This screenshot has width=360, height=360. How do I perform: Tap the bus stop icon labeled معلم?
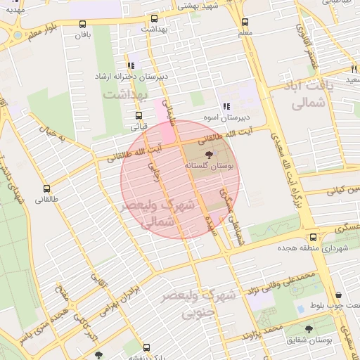245,22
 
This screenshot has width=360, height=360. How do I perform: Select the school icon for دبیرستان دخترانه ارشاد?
131,65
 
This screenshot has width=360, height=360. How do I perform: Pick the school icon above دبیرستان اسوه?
226,106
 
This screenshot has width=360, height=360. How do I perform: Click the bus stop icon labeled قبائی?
138,116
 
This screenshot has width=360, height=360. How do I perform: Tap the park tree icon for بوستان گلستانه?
208,155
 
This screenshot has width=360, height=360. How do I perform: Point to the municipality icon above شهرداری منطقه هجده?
312,238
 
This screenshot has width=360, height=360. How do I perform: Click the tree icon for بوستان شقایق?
309,329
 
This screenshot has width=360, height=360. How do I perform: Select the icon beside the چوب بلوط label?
339,295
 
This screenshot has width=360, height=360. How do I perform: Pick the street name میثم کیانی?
344,190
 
